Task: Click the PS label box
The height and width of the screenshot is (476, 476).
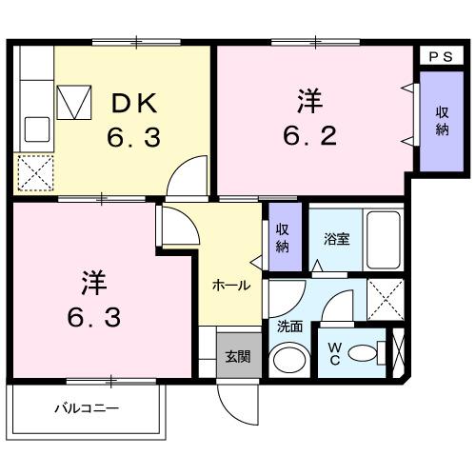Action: click(x=441, y=56)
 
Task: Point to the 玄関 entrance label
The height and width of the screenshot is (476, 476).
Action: click(x=237, y=357)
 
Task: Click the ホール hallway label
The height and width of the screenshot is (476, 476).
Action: click(x=231, y=285)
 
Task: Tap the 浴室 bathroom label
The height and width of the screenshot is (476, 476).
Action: click(x=334, y=239)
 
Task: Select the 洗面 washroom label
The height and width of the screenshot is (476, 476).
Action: click(x=289, y=327)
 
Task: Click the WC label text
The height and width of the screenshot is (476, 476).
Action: click(x=336, y=353)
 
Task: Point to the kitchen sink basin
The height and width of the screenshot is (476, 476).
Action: click(x=37, y=127)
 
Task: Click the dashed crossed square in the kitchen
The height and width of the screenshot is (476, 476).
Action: click(x=37, y=173)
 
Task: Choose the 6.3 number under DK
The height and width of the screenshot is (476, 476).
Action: click(x=132, y=138)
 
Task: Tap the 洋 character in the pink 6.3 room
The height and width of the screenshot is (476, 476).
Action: click(x=91, y=282)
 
